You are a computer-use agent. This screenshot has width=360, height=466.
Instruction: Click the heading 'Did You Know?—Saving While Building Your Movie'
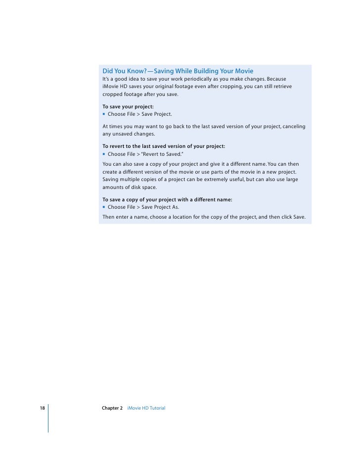point(178,71)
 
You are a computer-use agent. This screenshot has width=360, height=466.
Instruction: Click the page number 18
point(43,408)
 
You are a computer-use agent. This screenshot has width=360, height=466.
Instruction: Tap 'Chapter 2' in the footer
point(112,408)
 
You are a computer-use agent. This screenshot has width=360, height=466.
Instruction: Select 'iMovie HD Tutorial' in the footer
point(146,408)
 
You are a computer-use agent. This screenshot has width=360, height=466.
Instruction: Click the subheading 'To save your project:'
point(128,106)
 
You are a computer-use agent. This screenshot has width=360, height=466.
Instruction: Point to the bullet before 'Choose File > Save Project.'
point(104,114)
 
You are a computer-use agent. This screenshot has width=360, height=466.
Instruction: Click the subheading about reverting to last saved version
point(164,146)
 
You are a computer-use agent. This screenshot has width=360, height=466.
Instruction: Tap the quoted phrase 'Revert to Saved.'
point(163,154)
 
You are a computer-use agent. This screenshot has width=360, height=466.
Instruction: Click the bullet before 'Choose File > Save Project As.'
point(104,207)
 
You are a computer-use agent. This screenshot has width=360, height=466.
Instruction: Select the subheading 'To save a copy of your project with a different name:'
point(167,199)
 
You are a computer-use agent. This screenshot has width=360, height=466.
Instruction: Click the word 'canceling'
point(293,127)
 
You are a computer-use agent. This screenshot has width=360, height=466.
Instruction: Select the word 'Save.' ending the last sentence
point(299,217)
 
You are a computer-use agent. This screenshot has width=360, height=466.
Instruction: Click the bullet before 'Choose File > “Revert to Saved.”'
point(104,154)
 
